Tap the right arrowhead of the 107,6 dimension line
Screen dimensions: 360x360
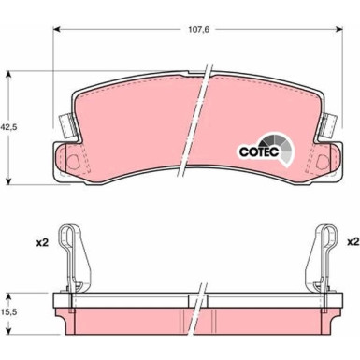click(x=338, y=29)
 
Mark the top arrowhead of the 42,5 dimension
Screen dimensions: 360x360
click(x=10, y=71)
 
